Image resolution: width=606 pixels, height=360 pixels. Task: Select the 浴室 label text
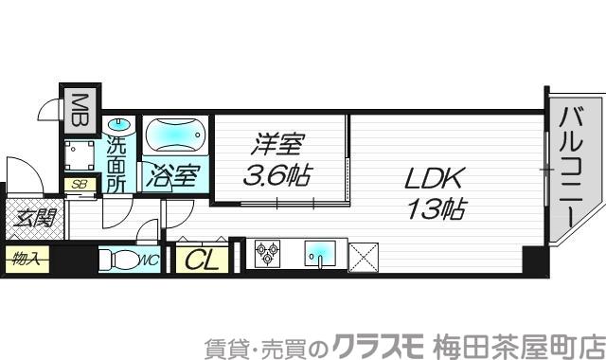tap(171, 176)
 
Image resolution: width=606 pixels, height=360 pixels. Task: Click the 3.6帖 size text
tap(278, 175)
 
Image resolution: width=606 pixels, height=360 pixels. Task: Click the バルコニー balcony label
tap(570, 167)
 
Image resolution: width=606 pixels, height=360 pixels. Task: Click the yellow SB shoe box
tap(78, 186)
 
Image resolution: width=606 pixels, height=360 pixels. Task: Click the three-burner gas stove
tap(268, 254)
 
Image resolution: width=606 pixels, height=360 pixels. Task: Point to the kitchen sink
tap(320, 254)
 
